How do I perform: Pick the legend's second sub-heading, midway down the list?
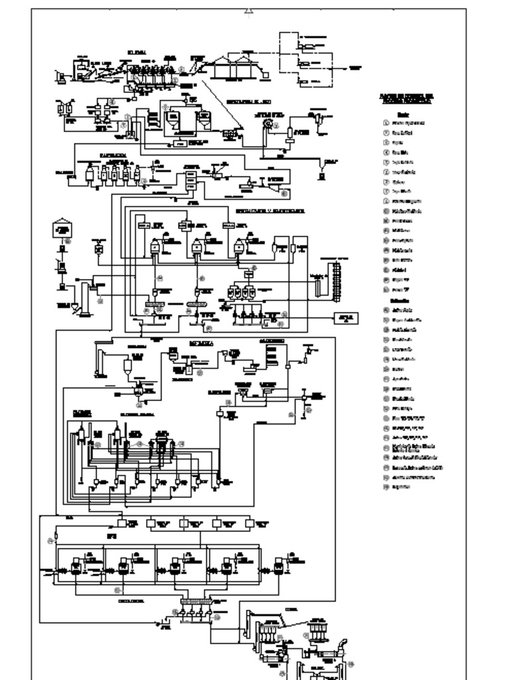click(399, 300)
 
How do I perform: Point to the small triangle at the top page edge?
click(249, 9)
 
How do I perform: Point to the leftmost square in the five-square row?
click(122, 523)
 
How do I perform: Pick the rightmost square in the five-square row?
click(249, 523)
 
